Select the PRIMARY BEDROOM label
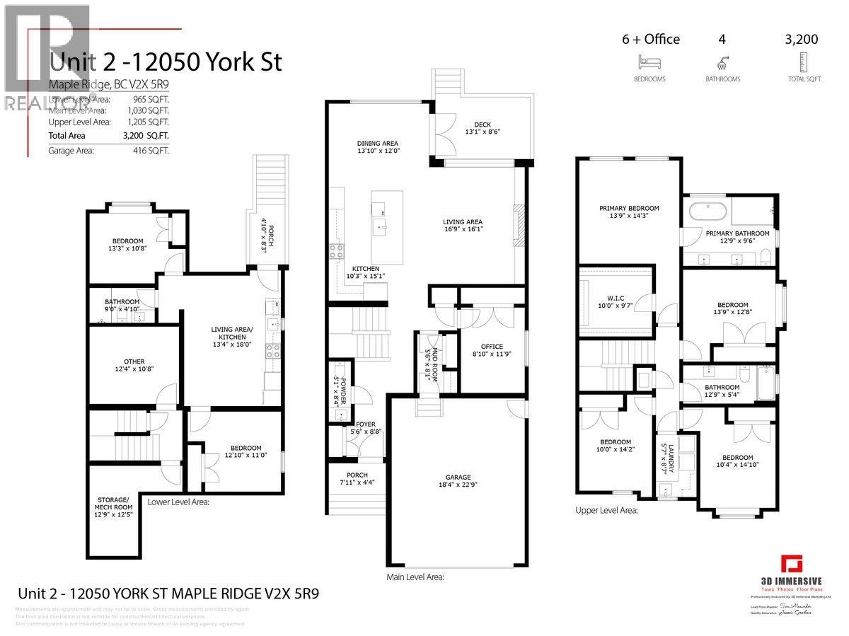pyautogui.click(x=629, y=208)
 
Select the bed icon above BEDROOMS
pyautogui.click(x=649, y=61)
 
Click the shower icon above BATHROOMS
pyautogui.click(x=722, y=61)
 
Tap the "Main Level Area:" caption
pyautogui.click(x=415, y=577)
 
